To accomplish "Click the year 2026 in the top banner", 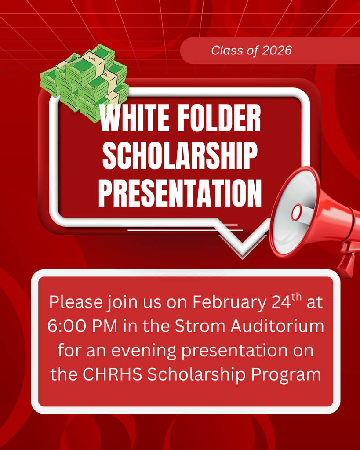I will (276, 51).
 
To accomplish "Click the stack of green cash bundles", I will (86, 81).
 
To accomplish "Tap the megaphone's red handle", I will (345, 264).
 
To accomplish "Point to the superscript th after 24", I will (297, 298).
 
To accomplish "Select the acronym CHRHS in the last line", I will (112, 374).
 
